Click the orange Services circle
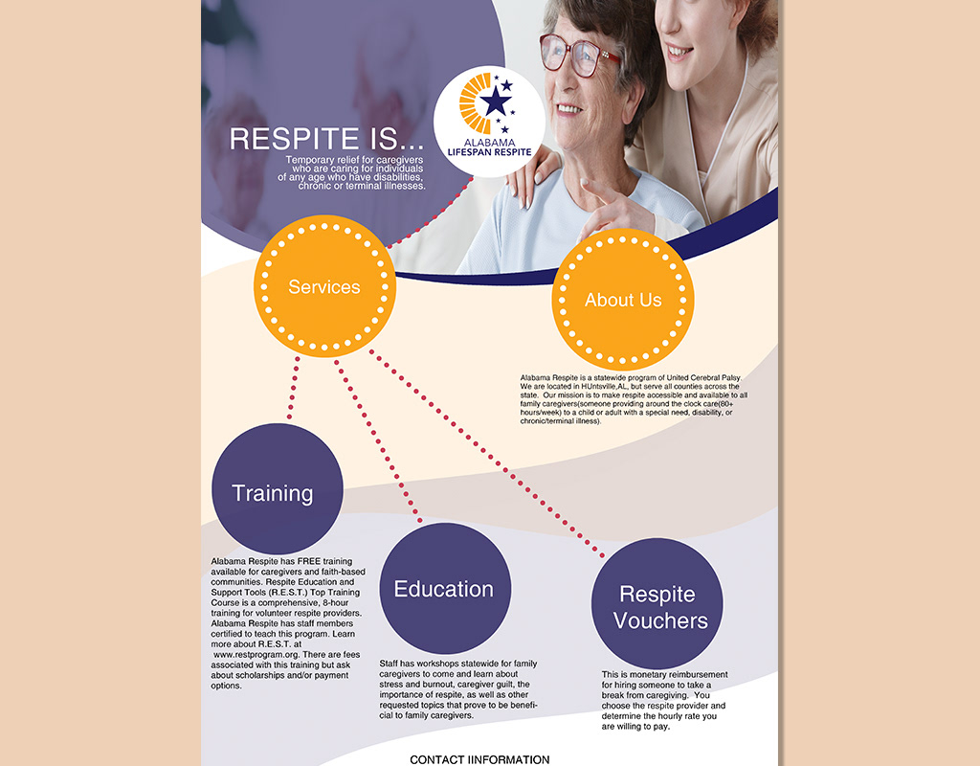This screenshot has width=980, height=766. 324,285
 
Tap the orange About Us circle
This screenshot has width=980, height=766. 622,300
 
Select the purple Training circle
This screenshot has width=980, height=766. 277,489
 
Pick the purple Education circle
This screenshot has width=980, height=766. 445,589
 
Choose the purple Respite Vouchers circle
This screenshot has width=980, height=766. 657,603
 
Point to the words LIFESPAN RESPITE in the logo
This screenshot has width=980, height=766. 489,152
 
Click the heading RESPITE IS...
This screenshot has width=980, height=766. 326,138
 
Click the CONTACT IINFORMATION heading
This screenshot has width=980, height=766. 479,759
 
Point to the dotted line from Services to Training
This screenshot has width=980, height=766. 293,388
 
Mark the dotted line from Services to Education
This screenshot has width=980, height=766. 377,440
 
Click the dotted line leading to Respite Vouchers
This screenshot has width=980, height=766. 486,453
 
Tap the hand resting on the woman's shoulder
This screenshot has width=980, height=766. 532,177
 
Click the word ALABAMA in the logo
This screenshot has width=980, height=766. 489,142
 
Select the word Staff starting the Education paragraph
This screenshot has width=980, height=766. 389,664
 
